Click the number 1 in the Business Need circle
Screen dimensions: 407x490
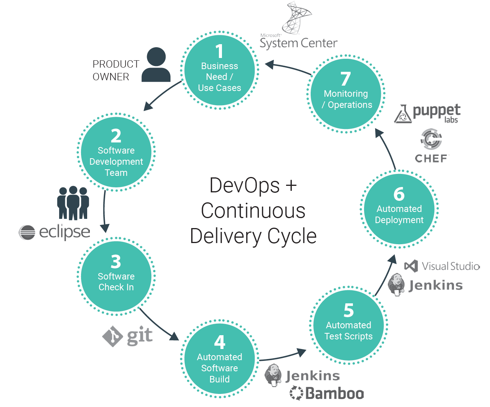coord(219,51)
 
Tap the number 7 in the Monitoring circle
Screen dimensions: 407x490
coord(346,79)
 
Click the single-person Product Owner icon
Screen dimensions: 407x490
coord(156,65)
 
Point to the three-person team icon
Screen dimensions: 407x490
coord(73,203)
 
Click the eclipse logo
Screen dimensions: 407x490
coord(55,232)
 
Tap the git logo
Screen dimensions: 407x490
coord(127,336)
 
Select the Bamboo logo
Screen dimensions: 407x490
coord(327,393)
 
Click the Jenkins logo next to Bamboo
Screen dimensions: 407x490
coord(303,376)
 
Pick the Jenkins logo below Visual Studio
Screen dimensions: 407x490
coord(425,285)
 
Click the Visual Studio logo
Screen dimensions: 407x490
coord(442,266)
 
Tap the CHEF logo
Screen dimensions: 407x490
coord(431,146)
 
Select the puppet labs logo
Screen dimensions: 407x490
coord(427,114)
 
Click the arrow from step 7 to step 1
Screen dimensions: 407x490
coord(288,68)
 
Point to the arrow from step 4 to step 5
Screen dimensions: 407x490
coord(282,356)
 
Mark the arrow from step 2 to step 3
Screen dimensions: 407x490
coord(104,211)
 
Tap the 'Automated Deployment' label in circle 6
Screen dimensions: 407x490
coord(399,214)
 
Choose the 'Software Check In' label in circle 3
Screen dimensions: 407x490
coord(116,281)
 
